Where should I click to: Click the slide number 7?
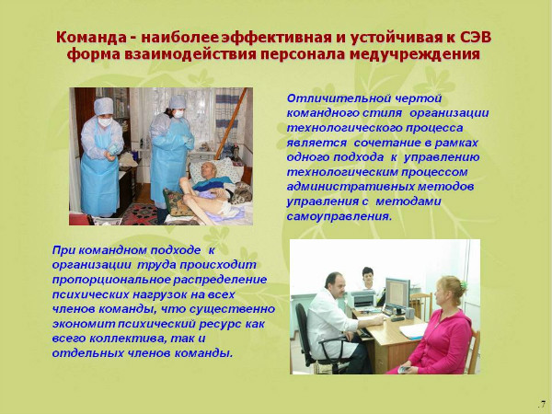click(542, 404)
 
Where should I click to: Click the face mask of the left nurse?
click(104, 121)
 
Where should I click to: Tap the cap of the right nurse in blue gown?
click(177, 102)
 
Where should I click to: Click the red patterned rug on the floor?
click(138, 214)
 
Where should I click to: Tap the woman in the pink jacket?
click(441, 331)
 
